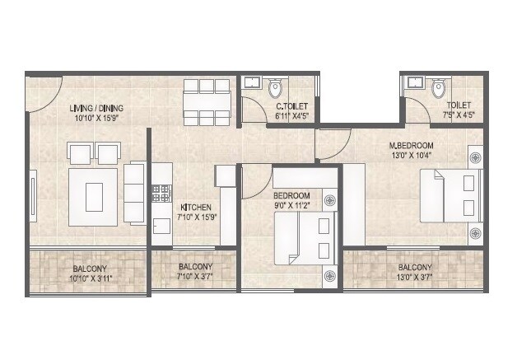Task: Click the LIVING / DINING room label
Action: click(96, 107)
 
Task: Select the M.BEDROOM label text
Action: click(411, 145)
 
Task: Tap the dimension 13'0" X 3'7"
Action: click(415, 278)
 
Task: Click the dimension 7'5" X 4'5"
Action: click(459, 115)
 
